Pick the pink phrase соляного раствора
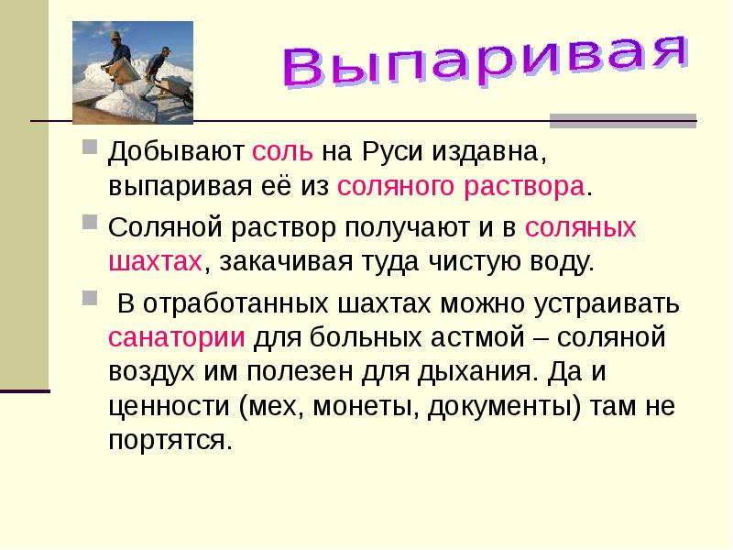pos(461,186)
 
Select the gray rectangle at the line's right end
pos(623,121)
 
